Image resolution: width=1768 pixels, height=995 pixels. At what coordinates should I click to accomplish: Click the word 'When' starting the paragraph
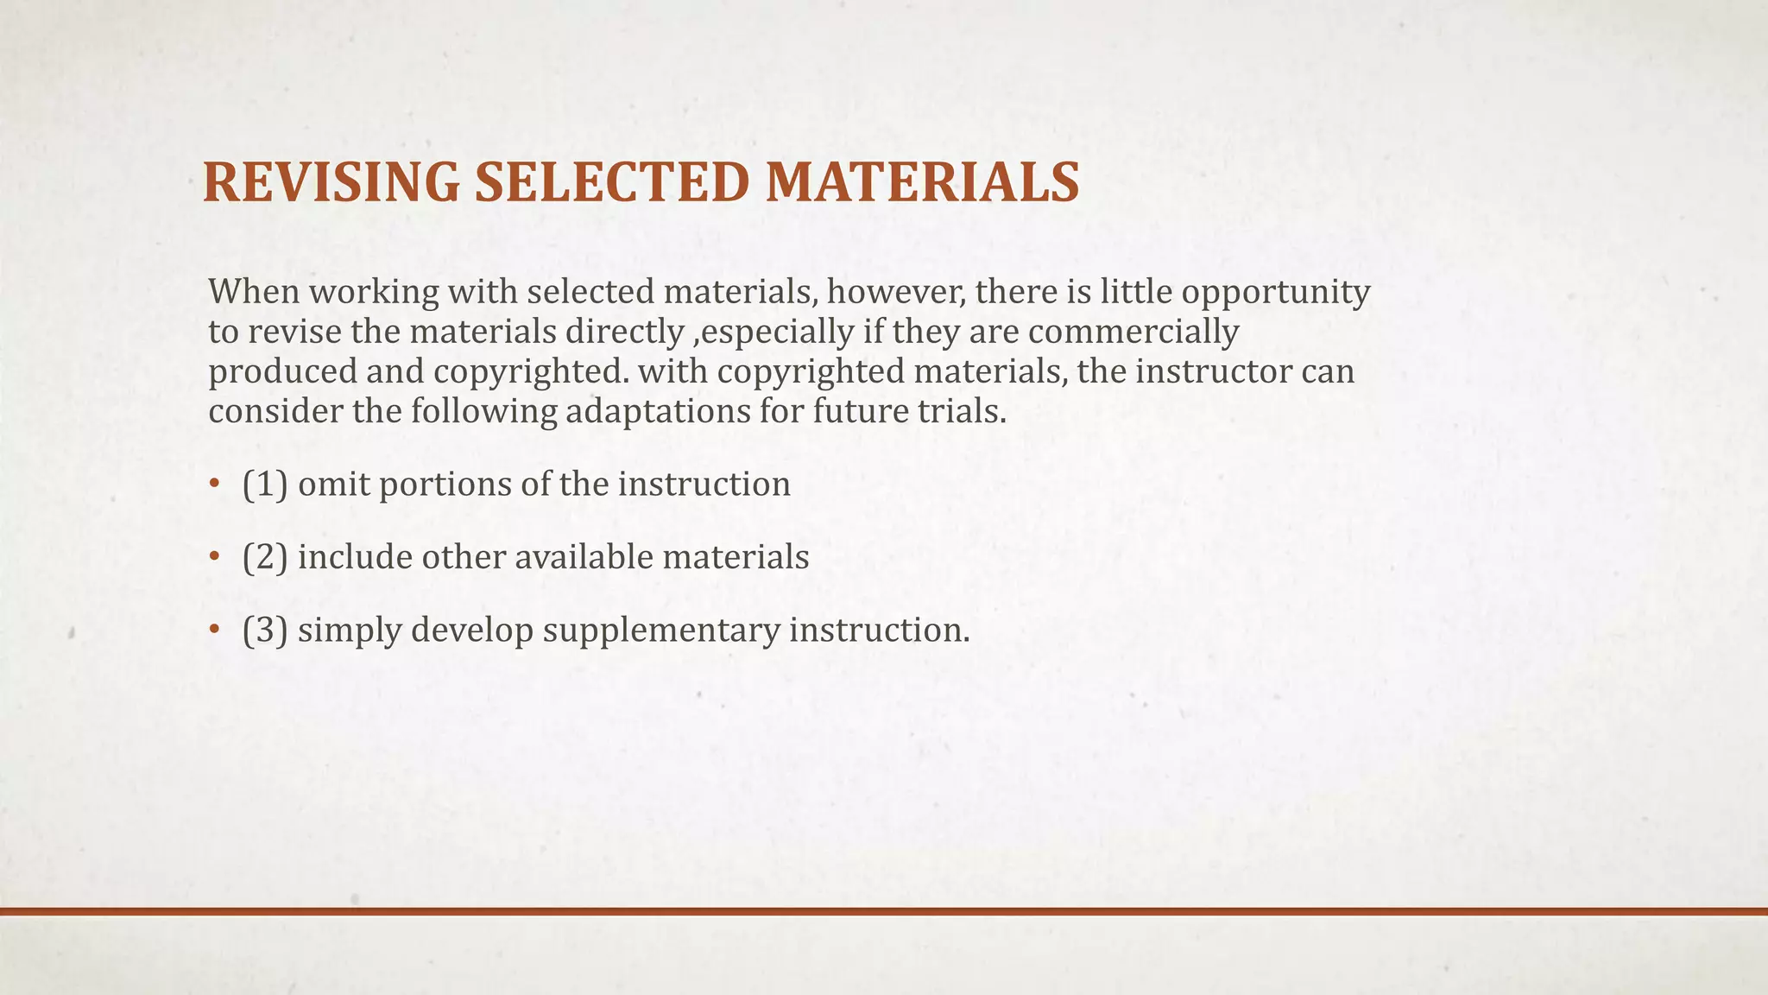tap(253, 292)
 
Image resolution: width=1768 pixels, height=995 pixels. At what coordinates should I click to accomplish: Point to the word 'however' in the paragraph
tap(896, 292)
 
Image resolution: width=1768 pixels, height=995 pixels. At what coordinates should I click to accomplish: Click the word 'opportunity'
tap(1275, 294)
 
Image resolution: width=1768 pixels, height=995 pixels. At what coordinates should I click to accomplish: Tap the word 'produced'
tap(281, 372)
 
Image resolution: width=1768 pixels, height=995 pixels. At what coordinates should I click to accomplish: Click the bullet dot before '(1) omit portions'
tap(214, 485)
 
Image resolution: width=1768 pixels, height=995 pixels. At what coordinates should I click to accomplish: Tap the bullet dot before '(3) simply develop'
tap(214, 631)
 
